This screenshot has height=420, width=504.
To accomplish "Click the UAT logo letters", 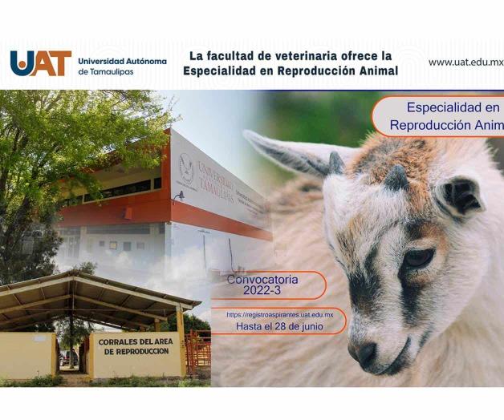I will (x=40, y=63).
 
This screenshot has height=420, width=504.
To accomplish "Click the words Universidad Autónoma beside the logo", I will (x=122, y=61).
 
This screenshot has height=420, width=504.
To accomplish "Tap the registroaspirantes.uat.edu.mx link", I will (x=279, y=315).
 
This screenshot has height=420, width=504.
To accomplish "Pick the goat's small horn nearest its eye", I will (x=396, y=178).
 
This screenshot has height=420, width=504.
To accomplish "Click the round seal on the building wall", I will (x=185, y=170).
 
